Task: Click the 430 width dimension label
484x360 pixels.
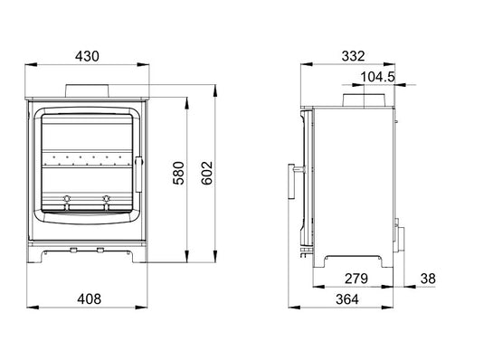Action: [x=87, y=55]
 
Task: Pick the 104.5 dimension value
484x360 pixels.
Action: [x=377, y=77]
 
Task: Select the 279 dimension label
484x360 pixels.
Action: [x=356, y=278]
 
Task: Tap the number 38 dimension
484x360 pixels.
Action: [x=428, y=278]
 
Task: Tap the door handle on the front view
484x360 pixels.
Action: [x=138, y=167]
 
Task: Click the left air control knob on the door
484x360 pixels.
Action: [x=65, y=197]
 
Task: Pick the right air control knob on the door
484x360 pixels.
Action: [x=107, y=197]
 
